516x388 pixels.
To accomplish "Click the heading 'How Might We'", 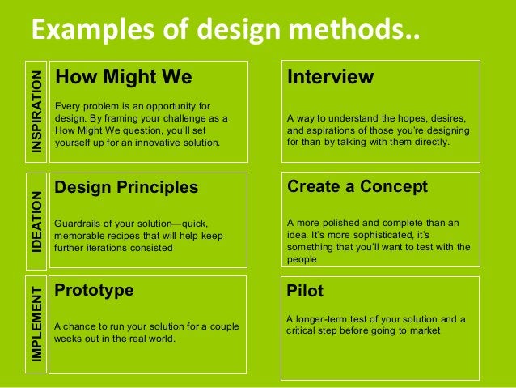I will pos(123,78).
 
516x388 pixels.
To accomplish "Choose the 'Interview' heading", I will pos(330,78).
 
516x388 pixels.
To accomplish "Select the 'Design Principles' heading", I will pos(126,188).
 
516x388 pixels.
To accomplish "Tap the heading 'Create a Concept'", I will pos(357,187).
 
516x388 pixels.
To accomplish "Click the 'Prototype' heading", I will pos(94,290).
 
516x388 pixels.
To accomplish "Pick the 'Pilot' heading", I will pos(305,291).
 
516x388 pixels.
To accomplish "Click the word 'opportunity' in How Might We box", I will pos(176,106).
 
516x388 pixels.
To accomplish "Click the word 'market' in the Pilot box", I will pos(424,331).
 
